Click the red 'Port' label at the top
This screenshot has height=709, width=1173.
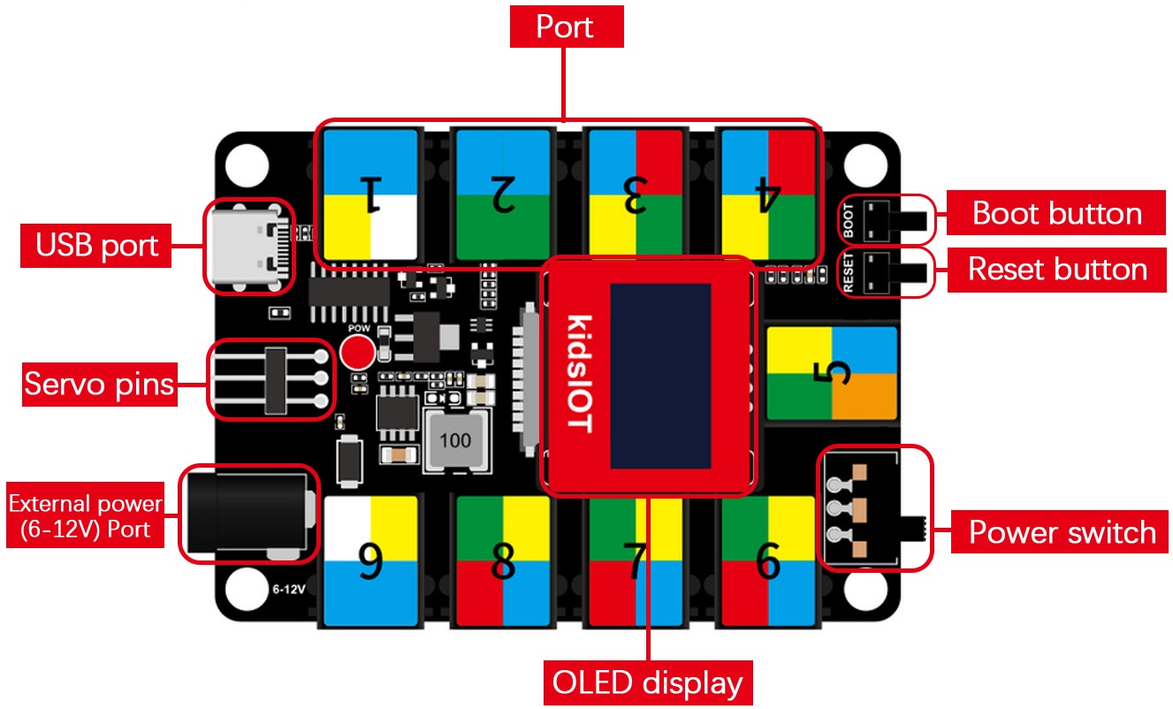coord(566,27)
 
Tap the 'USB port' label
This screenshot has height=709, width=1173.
coord(96,246)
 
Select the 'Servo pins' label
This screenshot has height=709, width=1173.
coord(99,385)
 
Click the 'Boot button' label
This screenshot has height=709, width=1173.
coord(1056,213)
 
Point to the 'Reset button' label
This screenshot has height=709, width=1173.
coord(1057,269)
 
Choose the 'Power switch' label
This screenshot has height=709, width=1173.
coord(1062,532)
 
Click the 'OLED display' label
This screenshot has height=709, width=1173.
coord(647,683)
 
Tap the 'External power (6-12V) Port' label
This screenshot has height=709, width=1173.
coord(86,517)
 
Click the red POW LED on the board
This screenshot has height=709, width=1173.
coord(357,353)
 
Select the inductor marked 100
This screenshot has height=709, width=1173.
coord(455,439)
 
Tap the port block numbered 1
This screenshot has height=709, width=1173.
coord(369,195)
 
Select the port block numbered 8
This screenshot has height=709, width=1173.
coord(502,561)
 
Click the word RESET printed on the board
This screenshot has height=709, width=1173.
coord(849,273)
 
